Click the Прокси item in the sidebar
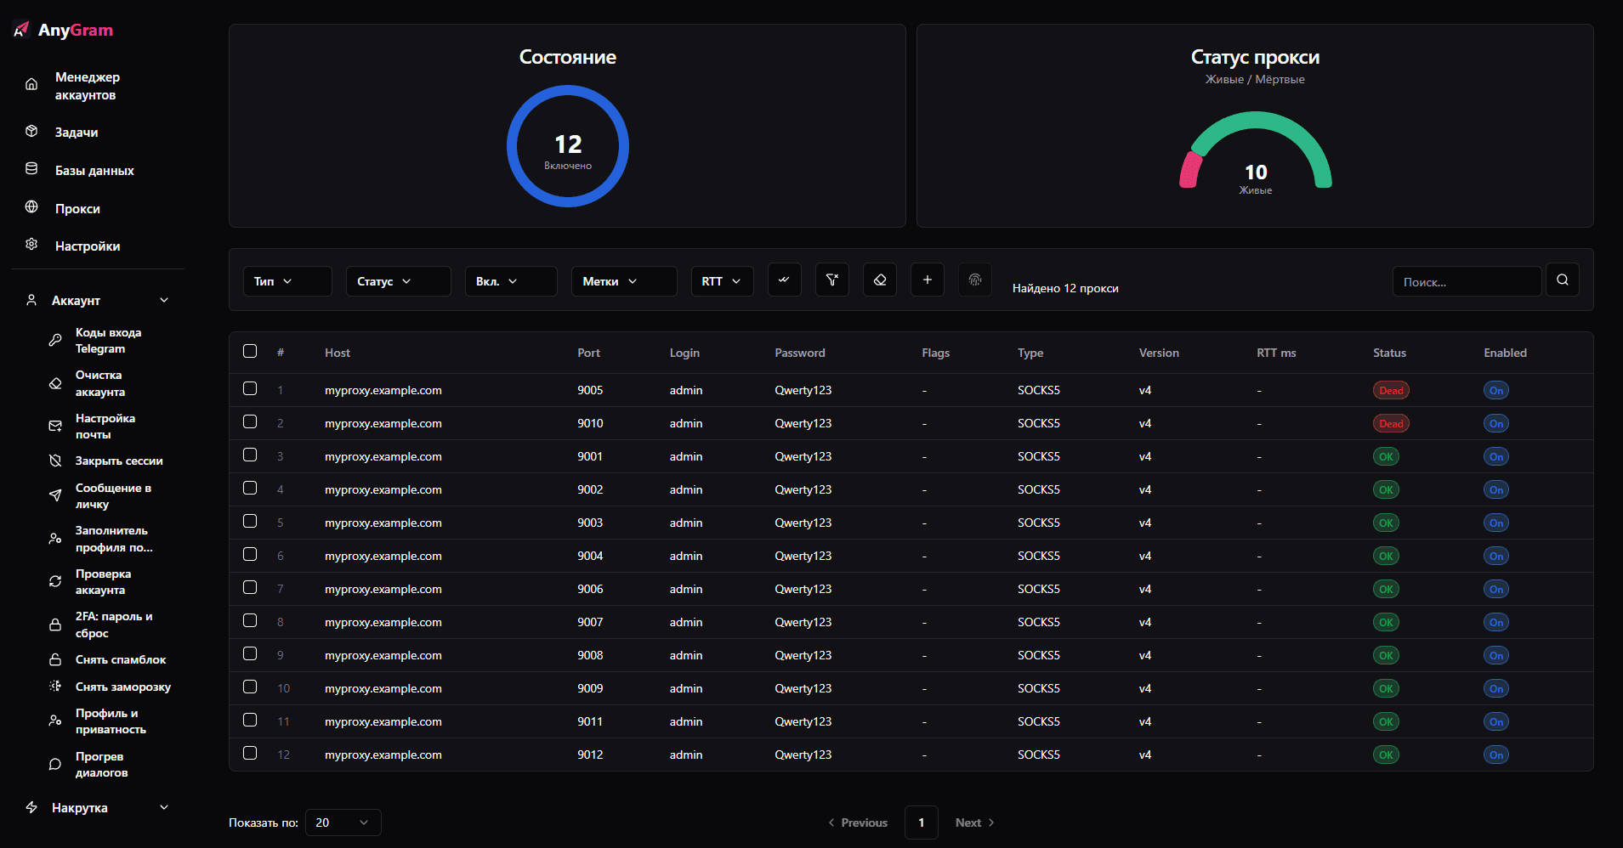pyautogui.click(x=77, y=209)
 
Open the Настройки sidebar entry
pyautogui.click(x=87, y=246)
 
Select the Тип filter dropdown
pyautogui.click(x=287, y=281)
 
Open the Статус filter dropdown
pyautogui.click(x=398, y=281)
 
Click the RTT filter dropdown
pyautogui.click(x=722, y=281)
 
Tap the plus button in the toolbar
pyautogui.click(x=928, y=280)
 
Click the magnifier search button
pyautogui.click(x=1563, y=280)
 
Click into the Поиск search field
pyautogui.click(x=1466, y=282)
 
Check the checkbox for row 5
pyautogui.click(x=250, y=521)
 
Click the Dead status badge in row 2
pyautogui.click(x=1391, y=423)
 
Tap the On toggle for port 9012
pyautogui.click(x=1496, y=755)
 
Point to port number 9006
pyautogui.click(x=590, y=589)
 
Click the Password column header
pyautogui.click(x=800, y=353)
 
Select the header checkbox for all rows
pyautogui.click(x=250, y=351)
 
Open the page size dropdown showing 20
pyautogui.click(x=343, y=823)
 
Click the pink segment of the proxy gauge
pyautogui.click(x=1190, y=168)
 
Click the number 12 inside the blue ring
pyautogui.click(x=568, y=144)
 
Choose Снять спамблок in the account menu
pyautogui.click(x=121, y=660)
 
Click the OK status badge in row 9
pyautogui.click(x=1386, y=655)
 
